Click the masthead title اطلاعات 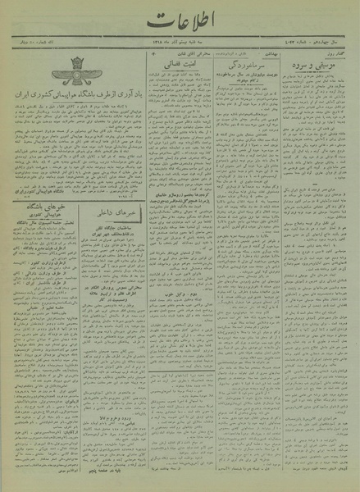[180, 32]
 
